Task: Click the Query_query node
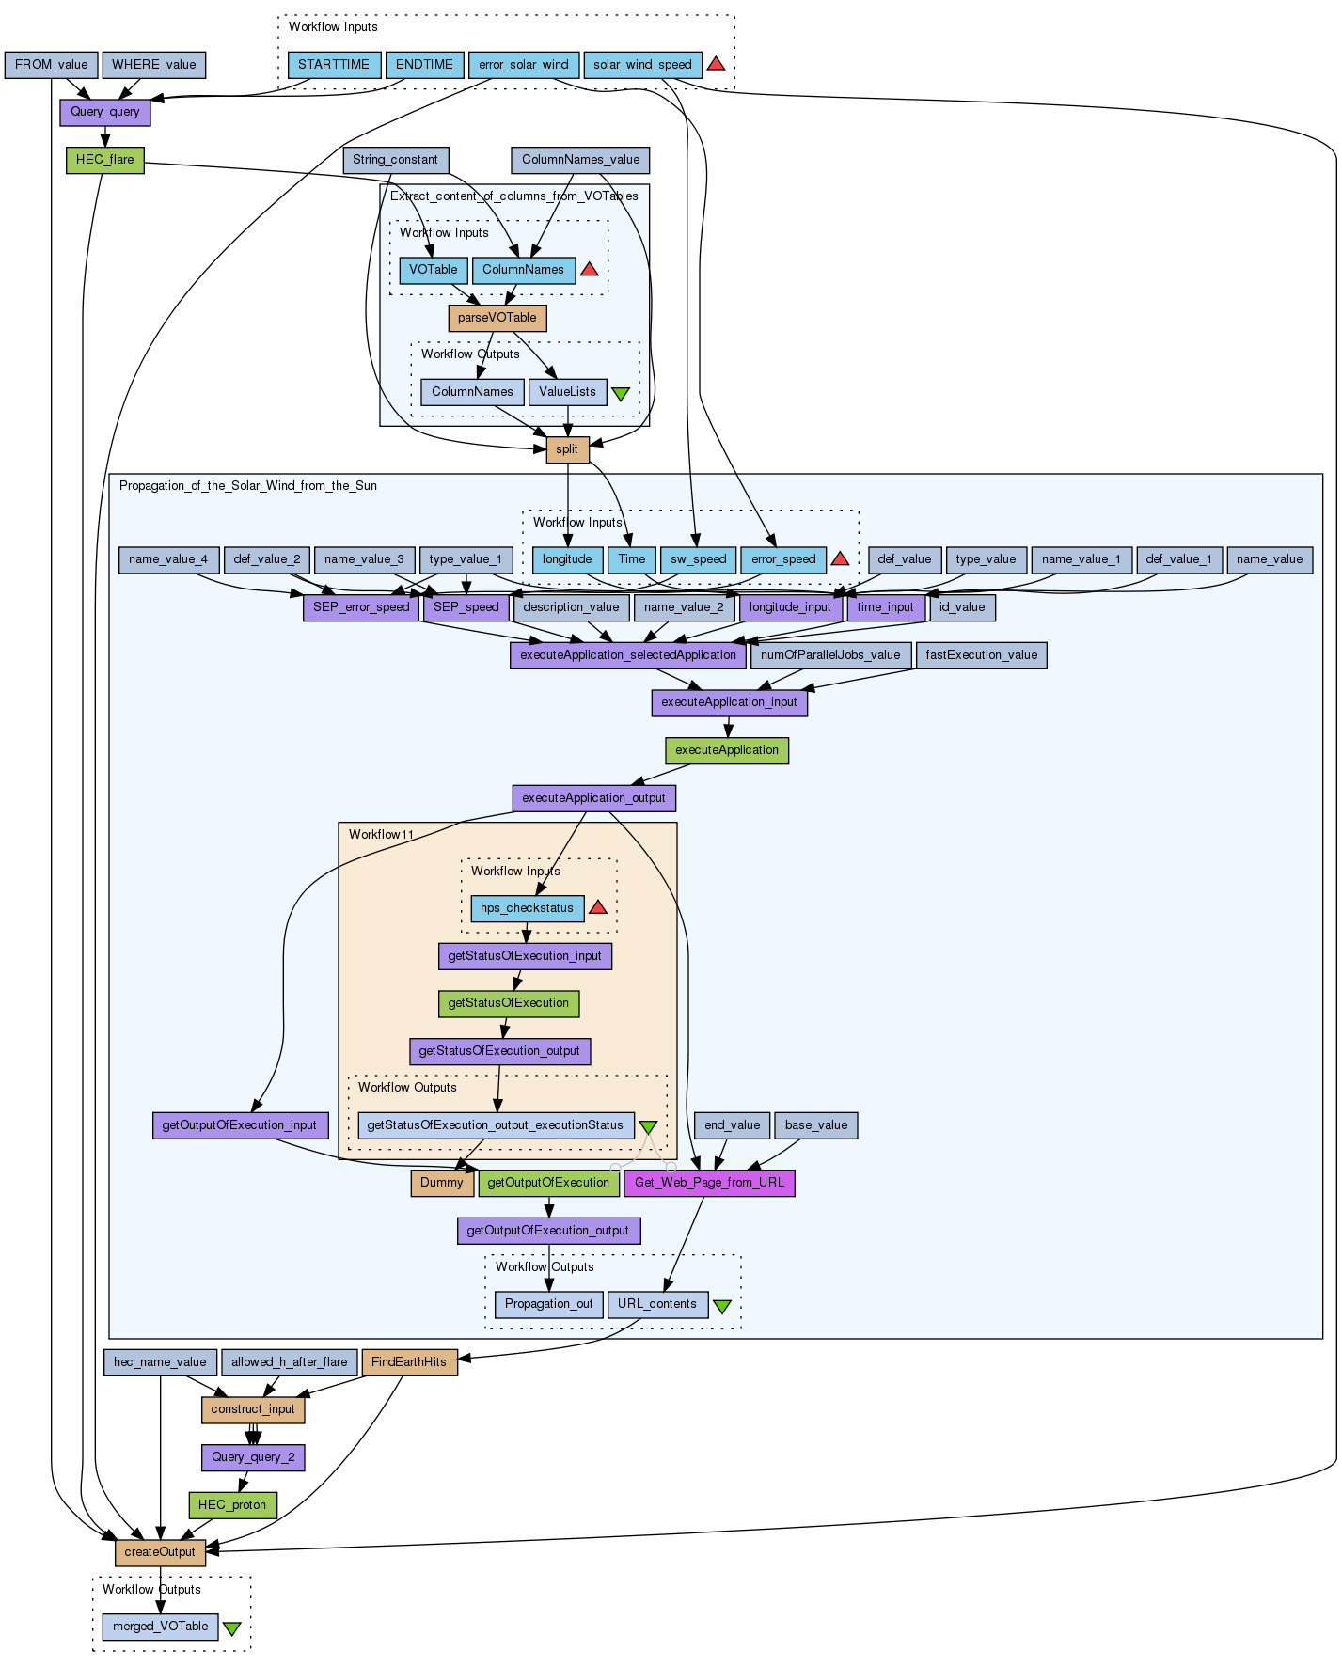[x=104, y=112]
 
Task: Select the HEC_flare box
[x=104, y=160]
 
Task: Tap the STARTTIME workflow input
[x=334, y=65]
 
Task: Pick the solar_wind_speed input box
[x=642, y=65]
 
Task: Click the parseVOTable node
[x=497, y=318]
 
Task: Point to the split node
[x=567, y=449]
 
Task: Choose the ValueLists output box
[x=567, y=392]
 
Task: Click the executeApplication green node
[x=727, y=750]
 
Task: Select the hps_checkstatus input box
[x=527, y=908]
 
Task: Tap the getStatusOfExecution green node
[x=509, y=1003]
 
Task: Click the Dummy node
[x=442, y=1183]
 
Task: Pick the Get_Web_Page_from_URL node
[x=709, y=1183]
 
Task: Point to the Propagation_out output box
[x=548, y=1304]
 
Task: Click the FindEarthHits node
[x=409, y=1362]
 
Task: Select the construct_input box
[x=253, y=1409]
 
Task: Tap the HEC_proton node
[x=232, y=1505]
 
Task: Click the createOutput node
[x=160, y=1552]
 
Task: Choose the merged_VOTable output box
[x=160, y=1627]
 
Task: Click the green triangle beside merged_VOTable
[x=231, y=1628]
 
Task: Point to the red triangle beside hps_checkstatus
[x=598, y=907]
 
